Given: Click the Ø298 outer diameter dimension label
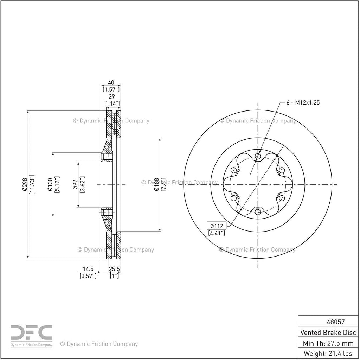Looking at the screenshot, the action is tap(25, 184).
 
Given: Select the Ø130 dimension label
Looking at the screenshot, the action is tap(50, 184).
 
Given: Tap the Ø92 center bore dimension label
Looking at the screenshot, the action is tap(75, 184).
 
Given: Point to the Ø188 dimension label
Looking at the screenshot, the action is tap(156, 184).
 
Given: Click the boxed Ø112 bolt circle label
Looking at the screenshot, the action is tap(217, 226).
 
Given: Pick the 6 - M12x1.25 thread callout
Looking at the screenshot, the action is tap(303, 102).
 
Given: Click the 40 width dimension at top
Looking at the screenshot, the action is tap(111, 82).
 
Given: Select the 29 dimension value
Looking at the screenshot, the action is tap(111, 96).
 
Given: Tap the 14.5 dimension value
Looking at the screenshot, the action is tap(88, 269).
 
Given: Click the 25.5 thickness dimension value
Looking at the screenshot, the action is tap(114, 269).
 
